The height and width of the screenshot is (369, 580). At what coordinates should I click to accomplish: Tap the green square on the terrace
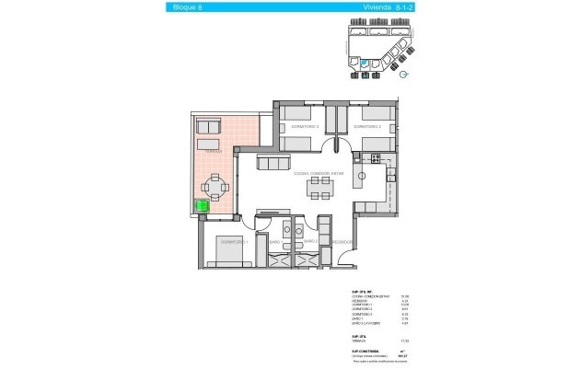tap(203, 208)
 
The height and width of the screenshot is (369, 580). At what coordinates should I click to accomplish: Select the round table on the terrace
tap(216, 189)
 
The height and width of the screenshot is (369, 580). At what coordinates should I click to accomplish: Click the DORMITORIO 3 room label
tap(303, 126)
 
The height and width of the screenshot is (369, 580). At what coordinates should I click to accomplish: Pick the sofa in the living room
tap(273, 163)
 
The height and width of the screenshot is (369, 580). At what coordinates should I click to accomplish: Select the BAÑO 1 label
tap(276, 241)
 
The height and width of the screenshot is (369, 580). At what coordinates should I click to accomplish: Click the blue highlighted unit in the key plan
tap(364, 63)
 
